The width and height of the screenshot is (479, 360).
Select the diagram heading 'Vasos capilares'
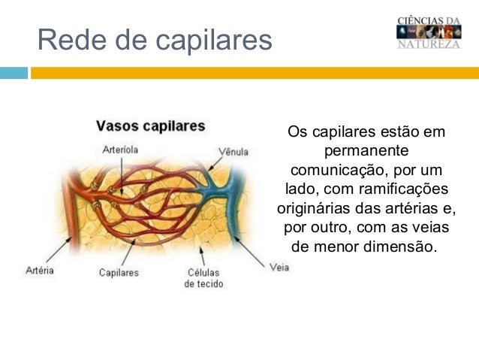(x=150, y=126)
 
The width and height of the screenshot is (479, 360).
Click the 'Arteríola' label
(x=120, y=149)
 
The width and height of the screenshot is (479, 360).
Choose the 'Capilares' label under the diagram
(x=119, y=273)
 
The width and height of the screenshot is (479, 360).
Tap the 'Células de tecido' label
(x=203, y=278)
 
